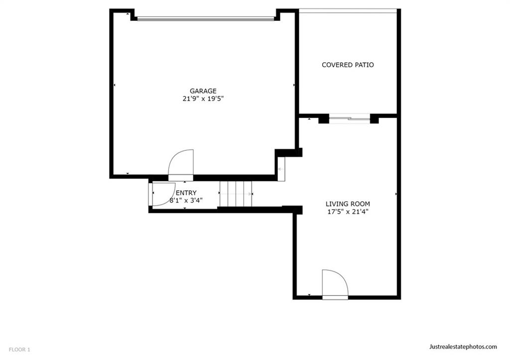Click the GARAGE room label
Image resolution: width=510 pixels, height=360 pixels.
[x=203, y=91]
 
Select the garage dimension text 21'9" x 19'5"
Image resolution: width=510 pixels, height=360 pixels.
[x=203, y=99]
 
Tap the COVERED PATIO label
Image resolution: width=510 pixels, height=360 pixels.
[x=348, y=65]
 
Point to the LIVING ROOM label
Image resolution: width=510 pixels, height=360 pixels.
[x=348, y=204]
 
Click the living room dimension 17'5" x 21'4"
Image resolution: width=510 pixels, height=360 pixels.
[x=348, y=212]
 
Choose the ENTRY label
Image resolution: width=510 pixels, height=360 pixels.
[x=186, y=193]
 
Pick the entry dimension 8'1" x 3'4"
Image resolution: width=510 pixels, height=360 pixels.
[x=186, y=200]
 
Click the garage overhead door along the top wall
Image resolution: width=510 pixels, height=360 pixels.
[x=206, y=19]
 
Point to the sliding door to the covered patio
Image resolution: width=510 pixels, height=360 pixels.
[x=350, y=119]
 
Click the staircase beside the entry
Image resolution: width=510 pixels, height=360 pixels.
[x=236, y=194]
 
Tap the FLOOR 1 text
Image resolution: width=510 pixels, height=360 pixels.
[x=19, y=350]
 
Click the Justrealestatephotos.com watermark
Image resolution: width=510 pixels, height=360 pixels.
[x=463, y=347]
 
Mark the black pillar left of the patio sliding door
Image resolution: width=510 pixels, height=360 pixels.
[x=324, y=119]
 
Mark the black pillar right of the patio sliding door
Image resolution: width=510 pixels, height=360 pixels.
[x=375, y=119]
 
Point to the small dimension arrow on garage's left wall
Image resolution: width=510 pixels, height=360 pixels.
[x=115, y=85]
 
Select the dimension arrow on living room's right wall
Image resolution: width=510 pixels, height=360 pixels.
[x=396, y=194]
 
